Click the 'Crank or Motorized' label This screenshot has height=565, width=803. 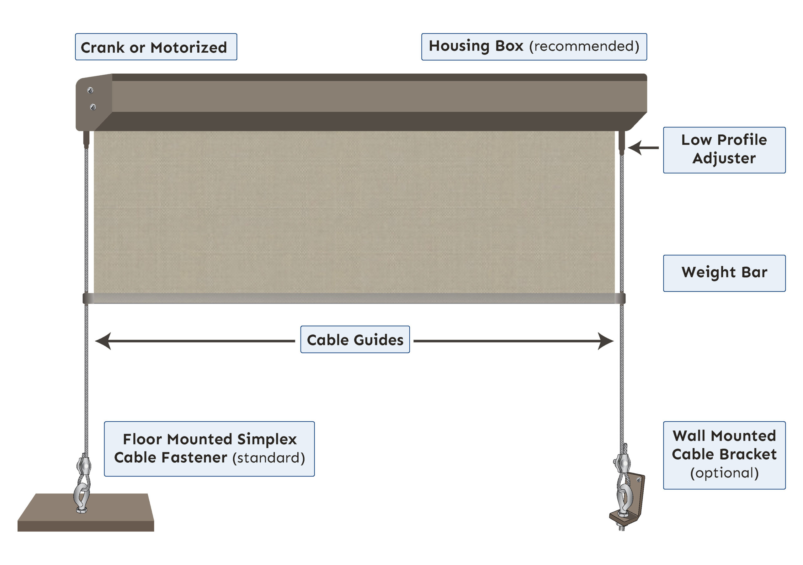coord(156,47)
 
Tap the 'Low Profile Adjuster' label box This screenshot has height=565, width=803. coord(724,150)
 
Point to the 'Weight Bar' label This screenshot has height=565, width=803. coord(724,273)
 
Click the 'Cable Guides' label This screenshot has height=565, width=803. coord(355,339)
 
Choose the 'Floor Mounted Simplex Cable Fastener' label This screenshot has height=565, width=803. coord(209,449)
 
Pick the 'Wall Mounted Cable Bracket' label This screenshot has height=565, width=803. coord(724,455)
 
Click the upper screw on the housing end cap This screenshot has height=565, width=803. coord(90,91)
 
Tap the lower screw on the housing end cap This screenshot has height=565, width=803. coord(93,107)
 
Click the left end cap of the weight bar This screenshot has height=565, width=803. coord(86,298)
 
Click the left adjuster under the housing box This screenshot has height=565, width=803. coord(86,139)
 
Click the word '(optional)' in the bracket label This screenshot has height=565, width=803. coord(724,473)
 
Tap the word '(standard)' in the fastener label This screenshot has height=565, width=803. coord(269,458)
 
